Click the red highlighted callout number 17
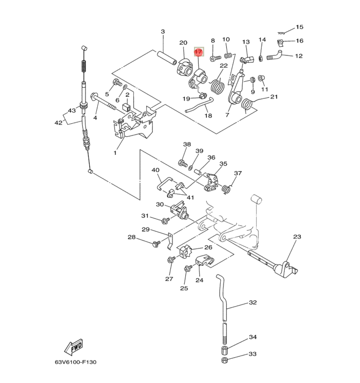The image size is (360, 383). pos(198,52)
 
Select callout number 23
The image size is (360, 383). pos(297,237)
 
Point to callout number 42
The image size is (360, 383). pos(58,123)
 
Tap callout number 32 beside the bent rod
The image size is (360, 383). pos(253,303)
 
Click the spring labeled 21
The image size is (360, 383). pos(248,104)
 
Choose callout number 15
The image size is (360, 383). pos(299,27)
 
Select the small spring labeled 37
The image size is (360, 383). pos(228,188)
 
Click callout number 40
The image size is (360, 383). pos(156,171)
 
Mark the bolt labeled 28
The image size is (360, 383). pos(156,244)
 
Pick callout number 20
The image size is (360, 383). pos(183,43)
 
